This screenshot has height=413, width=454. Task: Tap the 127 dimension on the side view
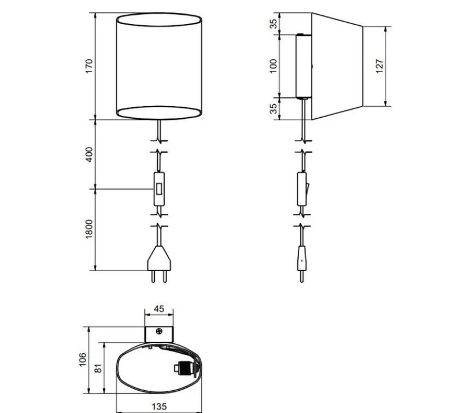click(x=380, y=66)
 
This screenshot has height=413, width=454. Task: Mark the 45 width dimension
click(x=160, y=309)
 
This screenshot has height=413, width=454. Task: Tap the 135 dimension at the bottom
click(x=160, y=405)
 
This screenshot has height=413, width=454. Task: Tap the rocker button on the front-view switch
click(x=159, y=189)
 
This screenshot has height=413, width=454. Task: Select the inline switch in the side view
click(x=301, y=189)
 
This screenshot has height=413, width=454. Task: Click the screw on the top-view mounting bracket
click(x=160, y=331)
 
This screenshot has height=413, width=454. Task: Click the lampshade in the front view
click(x=160, y=66)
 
